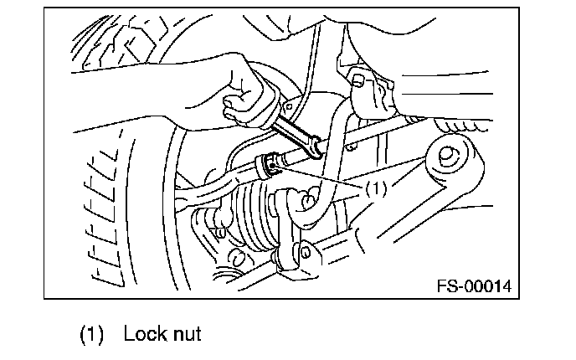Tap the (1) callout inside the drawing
(373, 190)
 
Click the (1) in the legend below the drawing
(92, 335)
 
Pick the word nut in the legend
(187, 335)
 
